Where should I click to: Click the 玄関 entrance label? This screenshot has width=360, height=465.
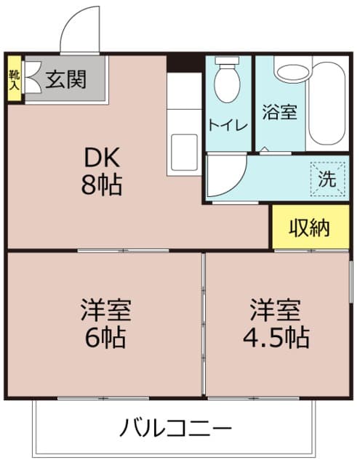65,79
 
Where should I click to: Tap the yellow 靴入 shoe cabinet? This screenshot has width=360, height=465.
15,78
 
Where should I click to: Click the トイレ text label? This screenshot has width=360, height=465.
228,126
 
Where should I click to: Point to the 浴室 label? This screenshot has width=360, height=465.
279,112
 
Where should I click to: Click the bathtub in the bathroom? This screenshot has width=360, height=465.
327,103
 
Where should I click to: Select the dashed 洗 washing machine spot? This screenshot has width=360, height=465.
328,179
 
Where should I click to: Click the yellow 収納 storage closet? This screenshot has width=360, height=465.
311,227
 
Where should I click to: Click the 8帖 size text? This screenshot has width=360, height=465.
102,185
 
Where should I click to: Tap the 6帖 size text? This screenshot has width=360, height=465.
105,338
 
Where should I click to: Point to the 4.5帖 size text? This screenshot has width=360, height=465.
276,338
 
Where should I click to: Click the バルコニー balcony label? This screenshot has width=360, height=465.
175,428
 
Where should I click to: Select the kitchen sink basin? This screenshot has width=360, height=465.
184,153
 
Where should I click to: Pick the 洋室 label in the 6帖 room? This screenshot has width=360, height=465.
106,310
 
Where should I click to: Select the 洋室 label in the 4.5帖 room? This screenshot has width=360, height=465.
275,310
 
